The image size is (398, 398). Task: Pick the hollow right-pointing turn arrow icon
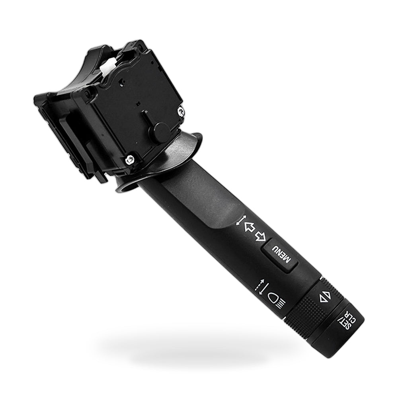pos(261,236)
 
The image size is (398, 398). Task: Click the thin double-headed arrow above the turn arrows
pos(241,220)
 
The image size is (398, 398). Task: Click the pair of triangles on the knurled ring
pos(325,296)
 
